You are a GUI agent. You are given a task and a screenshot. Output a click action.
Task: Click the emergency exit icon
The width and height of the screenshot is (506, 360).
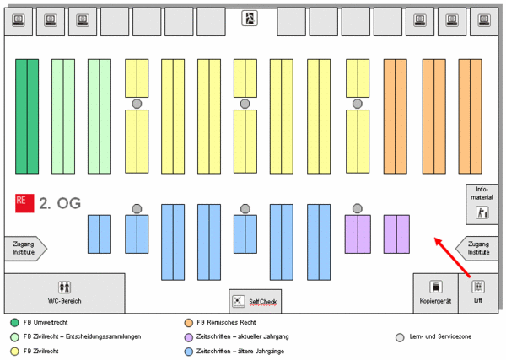click(x=250, y=18)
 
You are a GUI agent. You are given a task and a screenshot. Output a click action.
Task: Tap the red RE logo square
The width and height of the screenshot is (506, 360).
click(x=24, y=203)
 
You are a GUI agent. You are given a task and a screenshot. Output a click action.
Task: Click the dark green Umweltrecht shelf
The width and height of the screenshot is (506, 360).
click(x=27, y=116)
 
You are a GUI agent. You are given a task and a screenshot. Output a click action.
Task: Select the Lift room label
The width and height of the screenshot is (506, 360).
click(x=478, y=300)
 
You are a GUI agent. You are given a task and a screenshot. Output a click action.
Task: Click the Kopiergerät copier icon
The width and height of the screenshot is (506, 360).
click(x=436, y=287)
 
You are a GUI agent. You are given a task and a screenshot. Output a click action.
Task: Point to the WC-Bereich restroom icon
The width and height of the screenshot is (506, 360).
click(x=65, y=287)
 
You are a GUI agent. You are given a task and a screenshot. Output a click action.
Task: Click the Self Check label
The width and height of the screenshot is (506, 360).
click(x=262, y=302)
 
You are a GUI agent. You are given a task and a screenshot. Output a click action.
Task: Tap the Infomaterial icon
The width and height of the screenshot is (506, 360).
click(x=482, y=212)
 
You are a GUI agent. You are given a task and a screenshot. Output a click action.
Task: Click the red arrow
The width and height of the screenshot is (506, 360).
click(x=452, y=257)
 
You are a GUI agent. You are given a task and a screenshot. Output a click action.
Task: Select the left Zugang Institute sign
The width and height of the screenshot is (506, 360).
click(x=25, y=249)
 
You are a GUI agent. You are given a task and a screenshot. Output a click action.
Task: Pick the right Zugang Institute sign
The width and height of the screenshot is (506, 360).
click(x=476, y=249)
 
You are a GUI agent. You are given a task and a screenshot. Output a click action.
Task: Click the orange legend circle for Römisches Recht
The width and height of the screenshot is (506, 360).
click(x=188, y=323)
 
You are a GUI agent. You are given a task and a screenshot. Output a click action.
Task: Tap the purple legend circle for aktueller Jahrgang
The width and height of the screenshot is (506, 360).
click(x=188, y=337)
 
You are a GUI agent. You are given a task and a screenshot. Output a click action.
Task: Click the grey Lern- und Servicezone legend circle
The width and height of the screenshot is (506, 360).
click(x=400, y=337)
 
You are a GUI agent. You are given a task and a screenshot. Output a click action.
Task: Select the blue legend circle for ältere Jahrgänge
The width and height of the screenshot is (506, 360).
click(x=188, y=352)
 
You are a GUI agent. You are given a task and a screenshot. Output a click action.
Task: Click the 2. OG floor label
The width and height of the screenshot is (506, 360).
click(x=60, y=203)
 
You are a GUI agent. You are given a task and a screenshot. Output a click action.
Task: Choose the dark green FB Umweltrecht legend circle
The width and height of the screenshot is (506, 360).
click(x=15, y=323)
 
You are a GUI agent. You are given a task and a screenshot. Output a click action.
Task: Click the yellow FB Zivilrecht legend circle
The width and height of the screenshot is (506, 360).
click(x=15, y=352)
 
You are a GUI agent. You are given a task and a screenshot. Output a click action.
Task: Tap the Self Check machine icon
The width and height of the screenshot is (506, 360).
click(x=239, y=301)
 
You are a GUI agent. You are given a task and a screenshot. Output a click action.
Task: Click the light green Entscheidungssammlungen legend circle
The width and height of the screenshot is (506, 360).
click(x=15, y=337)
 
